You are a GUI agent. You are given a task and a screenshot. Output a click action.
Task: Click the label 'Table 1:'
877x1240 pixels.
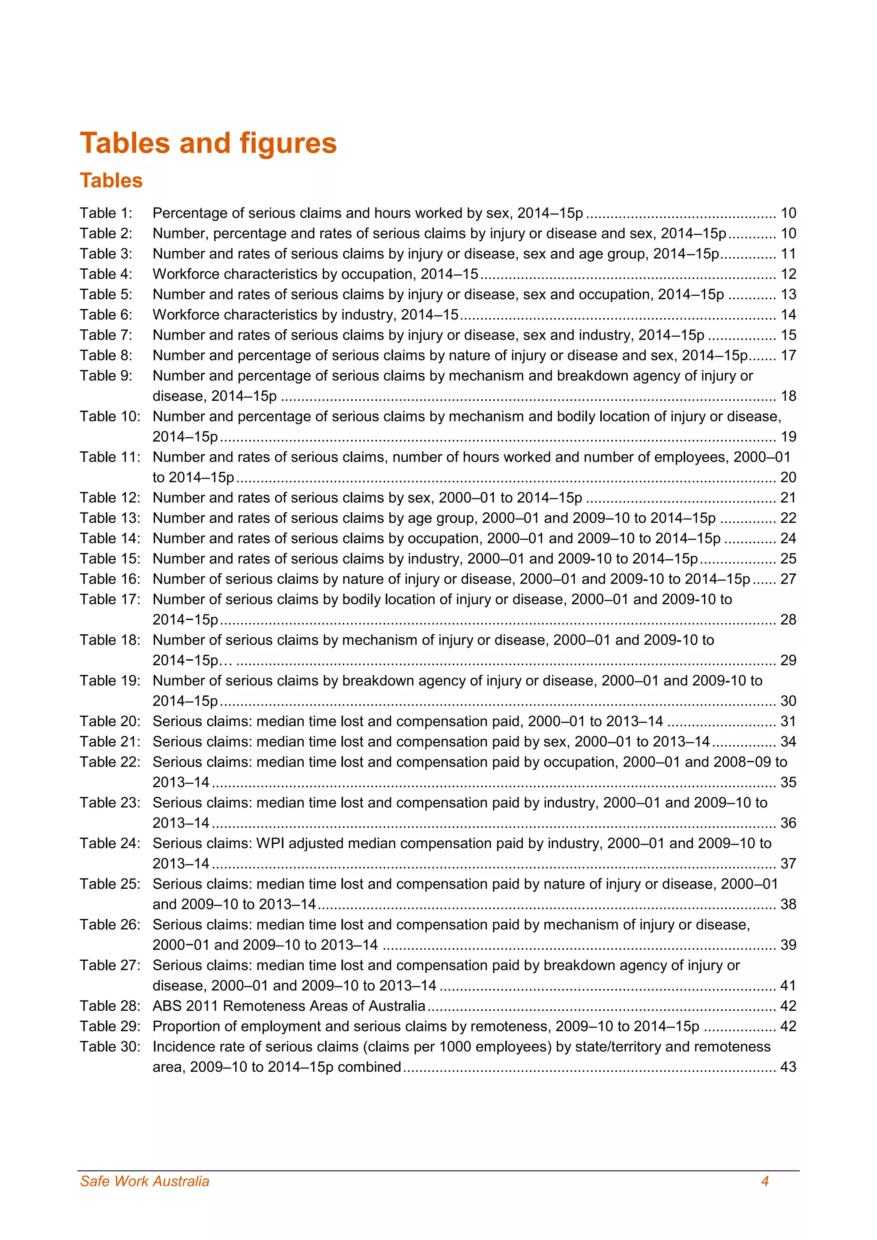[106, 213]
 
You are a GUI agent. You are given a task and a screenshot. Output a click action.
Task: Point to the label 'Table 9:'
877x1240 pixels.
[106, 376]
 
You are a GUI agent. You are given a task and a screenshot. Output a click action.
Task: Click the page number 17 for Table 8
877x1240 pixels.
[788, 355]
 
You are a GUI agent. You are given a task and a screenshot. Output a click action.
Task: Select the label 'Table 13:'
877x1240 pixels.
[110, 518]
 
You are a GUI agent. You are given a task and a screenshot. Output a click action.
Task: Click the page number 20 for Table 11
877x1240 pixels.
[788, 477]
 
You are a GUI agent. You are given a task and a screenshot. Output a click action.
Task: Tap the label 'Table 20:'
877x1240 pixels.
[110, 721]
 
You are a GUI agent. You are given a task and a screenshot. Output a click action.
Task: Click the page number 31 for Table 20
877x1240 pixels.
[788, 721]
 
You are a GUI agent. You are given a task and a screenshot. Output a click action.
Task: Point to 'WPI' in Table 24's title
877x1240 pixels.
[271, 843]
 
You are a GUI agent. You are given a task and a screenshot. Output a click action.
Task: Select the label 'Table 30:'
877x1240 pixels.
[110, 1046]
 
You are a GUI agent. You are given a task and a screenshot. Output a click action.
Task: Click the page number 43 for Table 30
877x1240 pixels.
[788, 1067]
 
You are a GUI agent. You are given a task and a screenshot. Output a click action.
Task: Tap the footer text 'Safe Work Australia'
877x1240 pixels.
[144, 1181]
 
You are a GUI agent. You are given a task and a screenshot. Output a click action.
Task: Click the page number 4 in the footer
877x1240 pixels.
[765, 1181]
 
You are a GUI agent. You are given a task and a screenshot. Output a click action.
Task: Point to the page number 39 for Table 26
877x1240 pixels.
[788, 945]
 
